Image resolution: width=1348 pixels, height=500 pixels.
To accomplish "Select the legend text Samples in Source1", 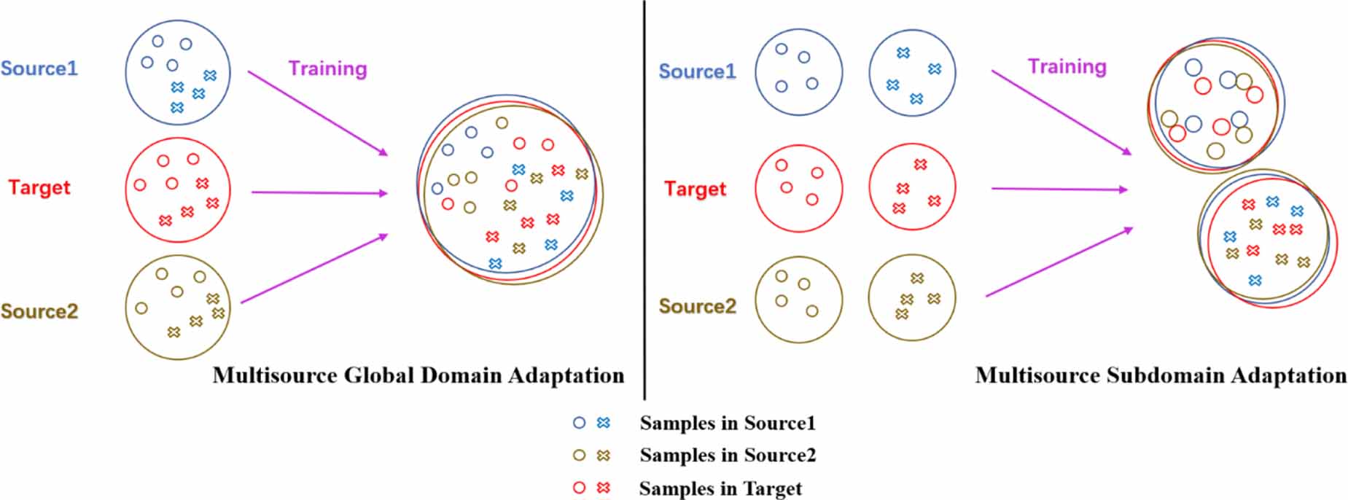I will point(728,423).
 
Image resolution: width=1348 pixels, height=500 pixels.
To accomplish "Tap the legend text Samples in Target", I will point(720,488).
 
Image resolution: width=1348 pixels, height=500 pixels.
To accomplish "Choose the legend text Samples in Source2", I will point(728,456).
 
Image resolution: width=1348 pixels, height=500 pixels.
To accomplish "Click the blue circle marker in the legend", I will point(580,423).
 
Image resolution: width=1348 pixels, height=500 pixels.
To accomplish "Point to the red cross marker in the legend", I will point(603,488).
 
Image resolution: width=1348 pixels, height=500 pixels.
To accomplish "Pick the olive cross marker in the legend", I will point(603,456).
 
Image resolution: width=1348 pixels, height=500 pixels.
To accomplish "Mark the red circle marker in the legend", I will point(580,488).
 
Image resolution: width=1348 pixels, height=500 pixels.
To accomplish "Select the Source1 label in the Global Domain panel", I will point(39,69).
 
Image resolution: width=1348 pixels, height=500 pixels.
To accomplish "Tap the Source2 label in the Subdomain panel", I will point(698,306).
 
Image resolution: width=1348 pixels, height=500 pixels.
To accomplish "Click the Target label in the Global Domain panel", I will point(39,187).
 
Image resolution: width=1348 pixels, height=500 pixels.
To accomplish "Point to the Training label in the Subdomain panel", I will point(1067,67).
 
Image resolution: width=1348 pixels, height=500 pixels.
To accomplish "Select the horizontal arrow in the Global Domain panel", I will point(319,193).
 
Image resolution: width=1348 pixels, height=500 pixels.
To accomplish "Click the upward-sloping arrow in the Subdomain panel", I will point(1059,262).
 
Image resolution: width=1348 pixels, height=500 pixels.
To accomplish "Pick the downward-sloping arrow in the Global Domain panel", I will point(317,113).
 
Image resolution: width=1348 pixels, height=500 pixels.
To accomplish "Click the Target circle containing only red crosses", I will point(912,187).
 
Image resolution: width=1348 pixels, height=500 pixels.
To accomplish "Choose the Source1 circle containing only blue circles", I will point(798,72).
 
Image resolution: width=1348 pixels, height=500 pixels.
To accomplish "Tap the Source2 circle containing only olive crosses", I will point(912,298).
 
